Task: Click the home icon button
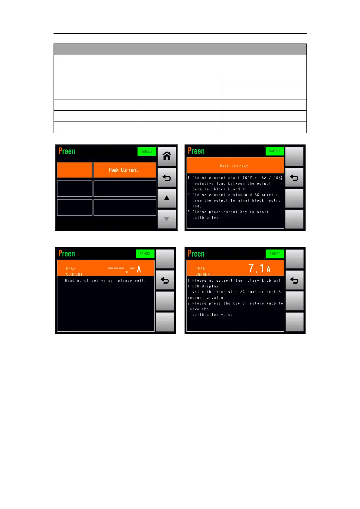click(167, 156)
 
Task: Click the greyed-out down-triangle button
click(167, 219)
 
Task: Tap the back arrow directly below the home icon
click(167, 178)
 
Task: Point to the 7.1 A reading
click(259, 268)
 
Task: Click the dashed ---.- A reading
click(124, 269)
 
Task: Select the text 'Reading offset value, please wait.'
click(106, 280)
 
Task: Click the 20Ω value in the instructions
click(278, 178)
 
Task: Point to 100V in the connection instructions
click(247, 178)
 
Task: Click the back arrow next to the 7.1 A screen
click(294, 280)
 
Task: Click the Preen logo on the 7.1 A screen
click(196, 254)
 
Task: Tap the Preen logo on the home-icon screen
click(67, 151)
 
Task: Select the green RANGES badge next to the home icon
click(147, 151)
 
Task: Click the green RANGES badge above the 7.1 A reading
click(275, 254)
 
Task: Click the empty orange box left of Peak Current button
click(75, 170)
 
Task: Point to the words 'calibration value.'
click(213, 315)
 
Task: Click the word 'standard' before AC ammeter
click(242, 195)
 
